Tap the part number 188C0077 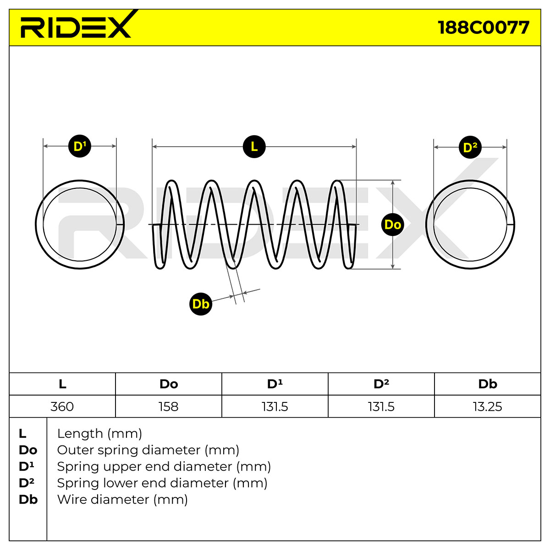[483, 27]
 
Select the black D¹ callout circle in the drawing [80, 146]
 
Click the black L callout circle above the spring [254, 147]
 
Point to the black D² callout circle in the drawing [470, 147]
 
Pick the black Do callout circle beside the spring [393, 225]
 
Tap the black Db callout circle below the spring [201, 304]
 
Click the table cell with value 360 [62, 407]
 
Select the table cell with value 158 [169, 407]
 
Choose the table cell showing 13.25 [488, 407]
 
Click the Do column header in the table [169, 384]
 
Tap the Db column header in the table [488, 384]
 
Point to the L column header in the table [62, 384]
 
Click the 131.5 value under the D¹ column [275, 407]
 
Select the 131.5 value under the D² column [381, 407]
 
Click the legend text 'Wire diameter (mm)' [122, 500]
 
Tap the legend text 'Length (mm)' [99, 434]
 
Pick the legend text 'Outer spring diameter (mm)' [148, 451]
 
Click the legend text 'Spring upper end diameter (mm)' [164, 467]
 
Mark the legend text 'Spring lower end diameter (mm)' [162, 483]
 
